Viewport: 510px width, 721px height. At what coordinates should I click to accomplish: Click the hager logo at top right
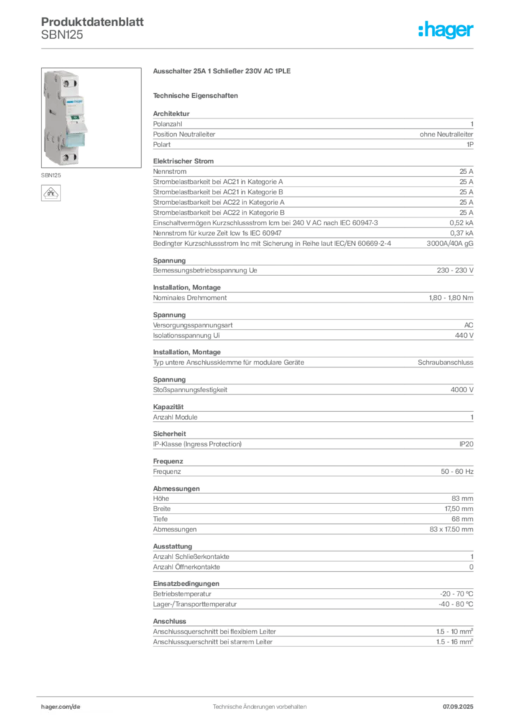(x=445, y=30)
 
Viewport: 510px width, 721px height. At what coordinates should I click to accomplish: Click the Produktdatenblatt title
(x=92, y=22)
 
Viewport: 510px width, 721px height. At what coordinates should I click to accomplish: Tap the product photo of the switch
(x=91, y=118)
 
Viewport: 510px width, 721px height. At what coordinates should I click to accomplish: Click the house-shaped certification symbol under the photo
(x=51, y=193)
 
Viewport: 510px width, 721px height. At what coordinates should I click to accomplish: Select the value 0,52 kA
(x=461, y=223)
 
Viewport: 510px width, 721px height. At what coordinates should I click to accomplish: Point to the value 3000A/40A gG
(x=449, y=243)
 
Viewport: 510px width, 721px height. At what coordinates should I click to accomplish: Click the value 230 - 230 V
(x=455, y=270)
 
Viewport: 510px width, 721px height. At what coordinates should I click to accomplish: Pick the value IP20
(x=466, y=444)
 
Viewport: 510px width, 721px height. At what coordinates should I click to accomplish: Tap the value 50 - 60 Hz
(x=456, y=471)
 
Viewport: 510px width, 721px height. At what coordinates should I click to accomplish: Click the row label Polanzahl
(x=168, y=124)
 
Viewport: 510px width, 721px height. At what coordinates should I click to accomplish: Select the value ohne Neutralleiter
(x=446, y=134)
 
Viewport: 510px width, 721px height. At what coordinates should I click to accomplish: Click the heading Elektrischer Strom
(x=183, y=161)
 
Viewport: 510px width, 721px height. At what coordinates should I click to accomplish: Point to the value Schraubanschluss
(x=445, y=363)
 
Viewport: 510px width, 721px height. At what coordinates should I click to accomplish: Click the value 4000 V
(x=461, y=390)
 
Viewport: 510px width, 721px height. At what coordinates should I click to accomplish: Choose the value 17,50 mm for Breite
(x=459, y=509)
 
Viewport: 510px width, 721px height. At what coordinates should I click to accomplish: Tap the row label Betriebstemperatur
(x=182, y=594)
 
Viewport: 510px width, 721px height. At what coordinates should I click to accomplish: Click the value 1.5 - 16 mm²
(x=454, y=642)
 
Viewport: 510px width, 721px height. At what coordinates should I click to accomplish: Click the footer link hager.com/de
(x=61, y=707)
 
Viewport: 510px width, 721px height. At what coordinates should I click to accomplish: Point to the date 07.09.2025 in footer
(x=458, y=707)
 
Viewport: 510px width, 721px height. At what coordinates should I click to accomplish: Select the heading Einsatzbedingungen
(x=186, y=584)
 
